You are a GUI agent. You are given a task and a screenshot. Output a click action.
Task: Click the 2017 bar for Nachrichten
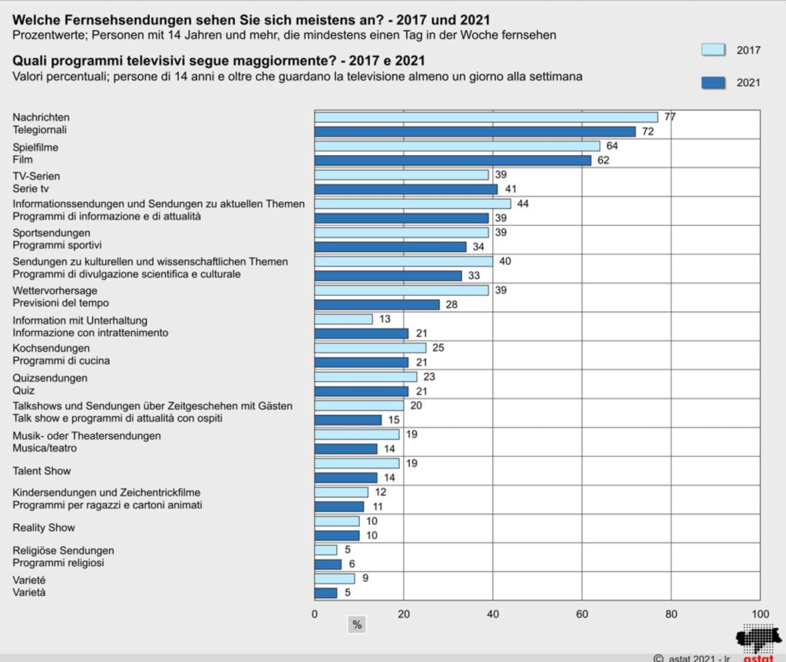coord(486,117)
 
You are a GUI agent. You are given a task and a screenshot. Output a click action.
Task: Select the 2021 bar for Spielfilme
coord(453,161)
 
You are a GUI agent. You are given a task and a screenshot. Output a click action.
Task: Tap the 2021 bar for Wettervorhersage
coord(377,304)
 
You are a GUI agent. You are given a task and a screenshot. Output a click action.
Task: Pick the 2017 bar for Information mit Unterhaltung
coord(343,319)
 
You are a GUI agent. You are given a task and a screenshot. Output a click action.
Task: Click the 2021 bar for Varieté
coord(325,593)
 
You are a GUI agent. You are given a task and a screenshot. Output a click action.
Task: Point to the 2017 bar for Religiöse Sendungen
coord(325,550)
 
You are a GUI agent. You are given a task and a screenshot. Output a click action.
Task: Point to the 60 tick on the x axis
coord(582,614)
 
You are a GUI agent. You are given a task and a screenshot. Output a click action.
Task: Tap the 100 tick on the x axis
coord(759,614)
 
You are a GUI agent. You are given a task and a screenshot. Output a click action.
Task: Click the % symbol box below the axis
coord(357,625)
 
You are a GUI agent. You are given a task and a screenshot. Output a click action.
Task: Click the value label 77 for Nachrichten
coord(670,117)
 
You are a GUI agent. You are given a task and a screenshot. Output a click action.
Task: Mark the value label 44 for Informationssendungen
coord(523,204)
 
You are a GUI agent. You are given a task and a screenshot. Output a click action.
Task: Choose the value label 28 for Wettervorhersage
coord(452,304)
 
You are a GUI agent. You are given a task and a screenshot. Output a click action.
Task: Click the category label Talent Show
coord(42,471)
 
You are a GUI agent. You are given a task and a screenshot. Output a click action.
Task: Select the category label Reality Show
coord(44,528)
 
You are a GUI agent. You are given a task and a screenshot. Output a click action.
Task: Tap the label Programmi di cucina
coord(61,361)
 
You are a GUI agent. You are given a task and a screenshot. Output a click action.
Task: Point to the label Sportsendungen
coord(51,233)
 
